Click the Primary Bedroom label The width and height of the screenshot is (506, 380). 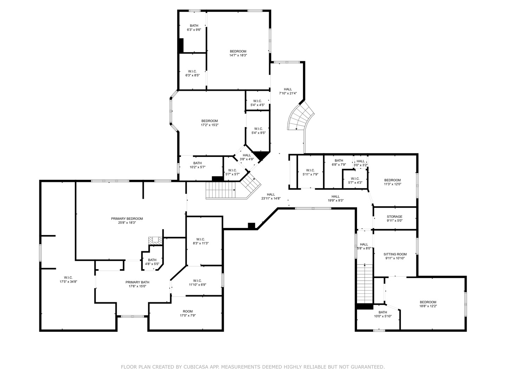point(127,218)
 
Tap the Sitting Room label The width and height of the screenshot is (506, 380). point(395,254)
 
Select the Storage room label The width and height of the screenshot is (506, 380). point(395,217)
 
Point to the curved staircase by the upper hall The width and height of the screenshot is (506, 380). point(300,116)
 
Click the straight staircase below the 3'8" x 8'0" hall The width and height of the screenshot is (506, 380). point(365,283)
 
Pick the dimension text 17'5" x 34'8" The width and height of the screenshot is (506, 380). point(68,281)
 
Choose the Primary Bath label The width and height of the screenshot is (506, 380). point(137,282)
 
